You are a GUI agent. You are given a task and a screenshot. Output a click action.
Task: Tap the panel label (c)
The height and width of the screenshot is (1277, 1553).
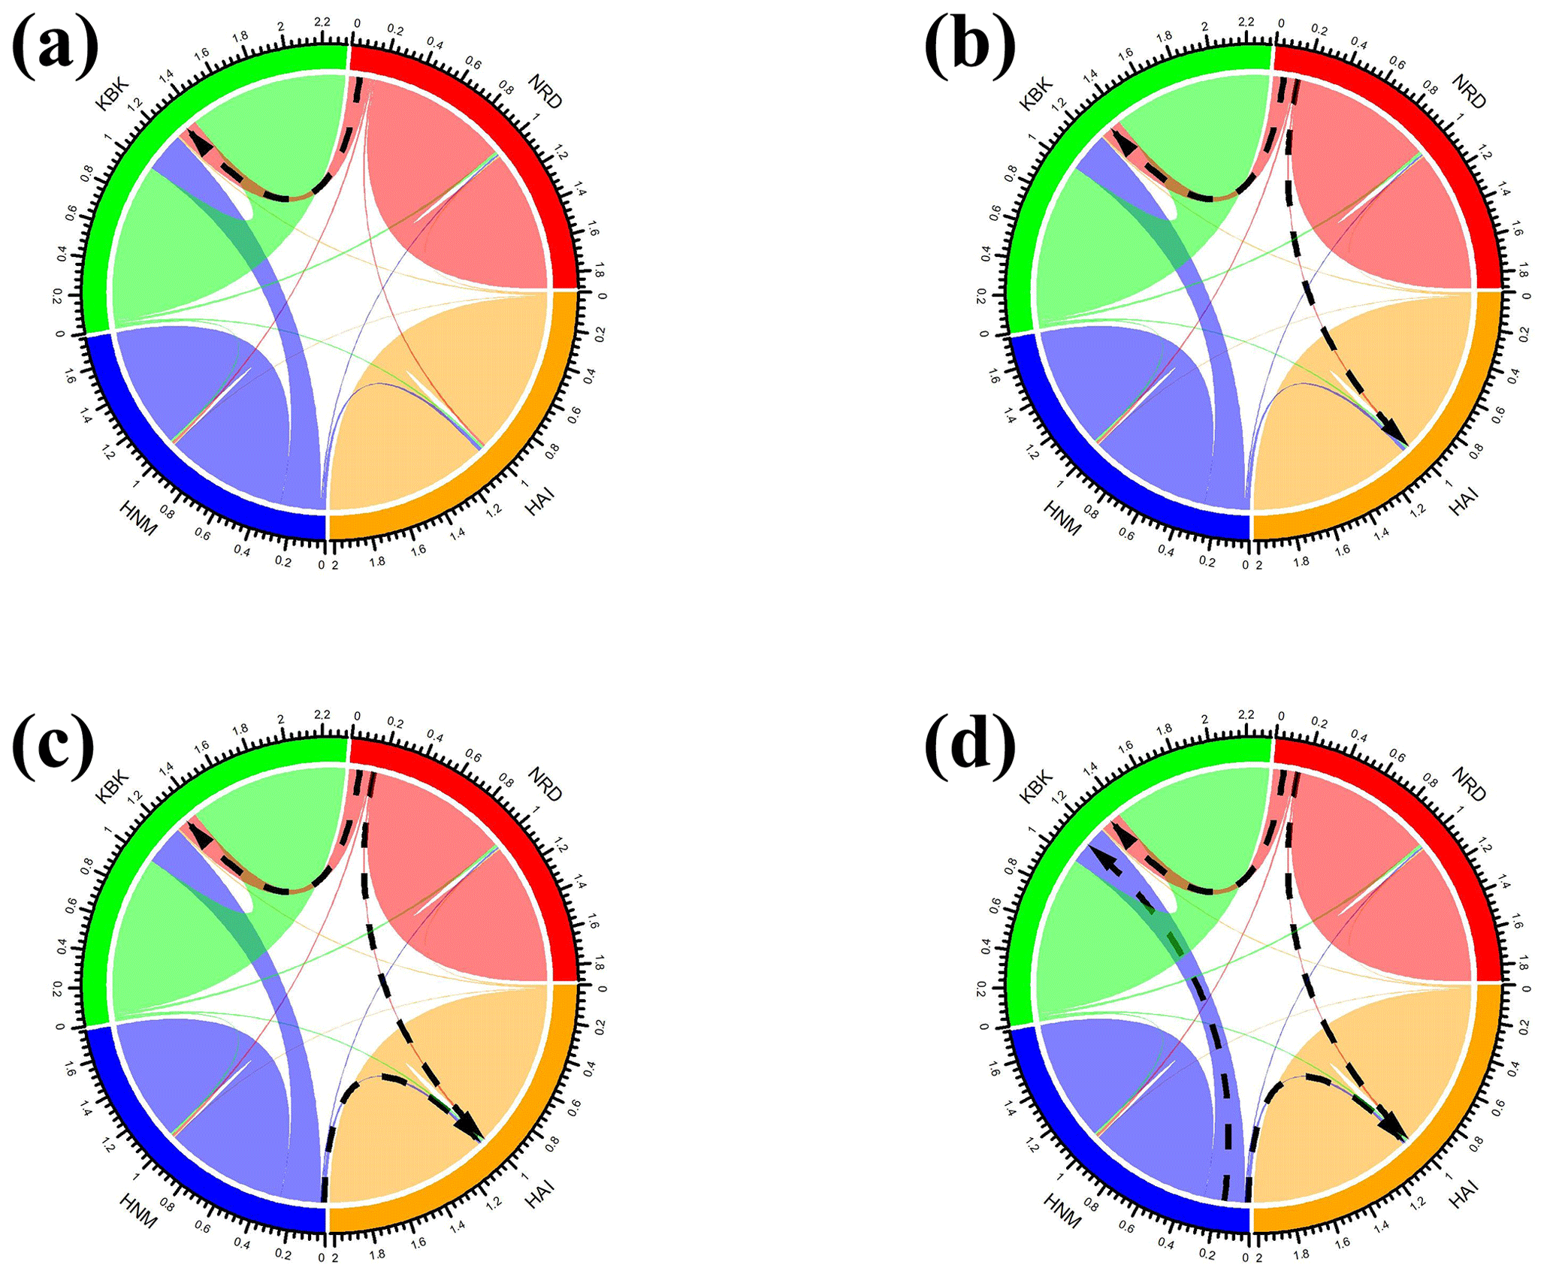click(53, 743)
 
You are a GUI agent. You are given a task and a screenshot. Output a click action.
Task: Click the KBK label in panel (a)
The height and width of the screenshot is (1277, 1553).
click(113, 93)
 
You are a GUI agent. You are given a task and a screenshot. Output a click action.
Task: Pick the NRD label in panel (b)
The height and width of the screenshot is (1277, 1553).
click(1468, 92)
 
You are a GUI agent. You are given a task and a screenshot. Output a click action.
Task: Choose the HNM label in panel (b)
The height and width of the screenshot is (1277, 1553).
click(1062, 518)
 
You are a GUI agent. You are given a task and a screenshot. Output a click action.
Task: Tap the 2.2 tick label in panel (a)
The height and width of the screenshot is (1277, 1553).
click(322, 23)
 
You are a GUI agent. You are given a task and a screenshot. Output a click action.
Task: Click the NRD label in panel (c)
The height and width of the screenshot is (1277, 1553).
click(544, 784)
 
